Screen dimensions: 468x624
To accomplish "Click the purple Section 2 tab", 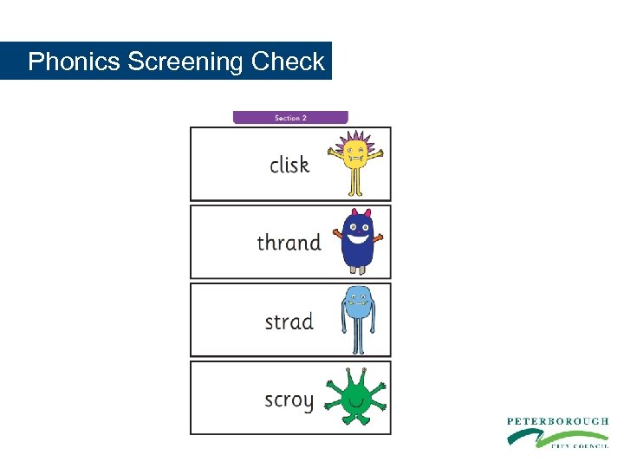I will pyautogui.click(x=290, y=117).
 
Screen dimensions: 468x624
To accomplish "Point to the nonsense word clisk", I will pyautogui.click(x=289, y=164).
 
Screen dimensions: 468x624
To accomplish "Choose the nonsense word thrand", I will pyautogui.click(x=289, y=243).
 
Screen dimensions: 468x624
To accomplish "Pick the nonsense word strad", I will pyautogui.click(x=289, y=322).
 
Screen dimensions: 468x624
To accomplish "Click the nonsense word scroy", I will pyautogui.click(x=289, y=400).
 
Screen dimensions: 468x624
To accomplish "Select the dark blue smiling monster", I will pyautogui.click(x=357, y=240).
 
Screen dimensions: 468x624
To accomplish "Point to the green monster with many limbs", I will pyautogui.click(x=354, y=398).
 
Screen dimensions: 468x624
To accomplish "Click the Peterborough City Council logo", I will pyautogui.click(x=556, y=432).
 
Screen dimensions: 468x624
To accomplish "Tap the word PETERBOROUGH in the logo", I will pyautogui.click(x=557, y=421).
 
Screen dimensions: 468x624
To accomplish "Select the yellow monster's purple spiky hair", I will pyautogui.click(x=355, y=139).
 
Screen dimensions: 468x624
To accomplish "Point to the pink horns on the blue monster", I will pyautogui.click(x=357, y=212).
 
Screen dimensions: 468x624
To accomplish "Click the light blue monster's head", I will pyautogui.click(x=357, y=300).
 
